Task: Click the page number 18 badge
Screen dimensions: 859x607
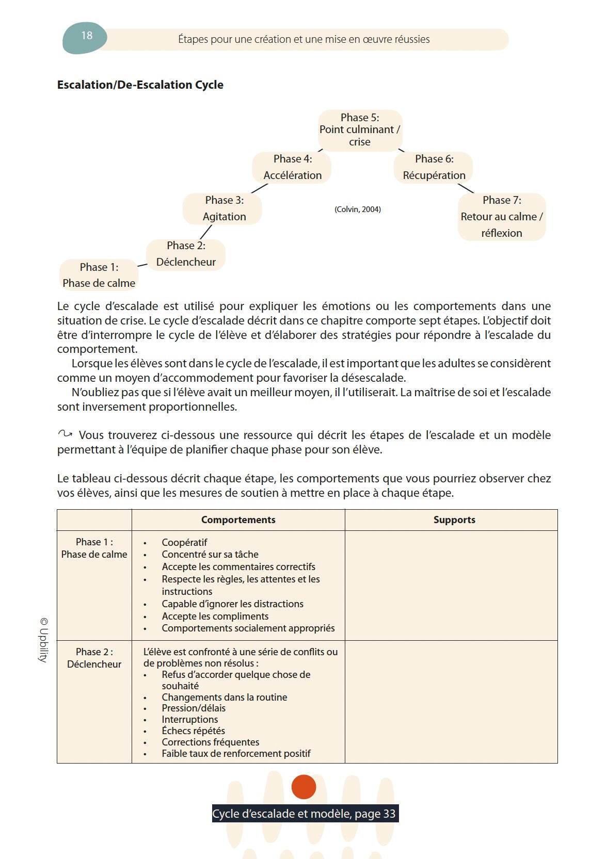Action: click(85, 37)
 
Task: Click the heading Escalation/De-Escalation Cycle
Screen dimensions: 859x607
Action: click(140, 85)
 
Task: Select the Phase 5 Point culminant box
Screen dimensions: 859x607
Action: click(360, 130)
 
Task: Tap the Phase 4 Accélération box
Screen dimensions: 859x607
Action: click(292, 167)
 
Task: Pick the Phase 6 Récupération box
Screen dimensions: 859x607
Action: click(434, 167)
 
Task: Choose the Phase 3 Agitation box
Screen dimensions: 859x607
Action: click(223, 208)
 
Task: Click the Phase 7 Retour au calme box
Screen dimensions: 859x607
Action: click(501, 217)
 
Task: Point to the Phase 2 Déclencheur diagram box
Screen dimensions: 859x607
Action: click(186, 254)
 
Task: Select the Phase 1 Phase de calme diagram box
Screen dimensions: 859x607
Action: click(99, 275)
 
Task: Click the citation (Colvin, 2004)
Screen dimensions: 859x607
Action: click(358, 209)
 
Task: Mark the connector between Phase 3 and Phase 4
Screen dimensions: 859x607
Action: click(259, 188)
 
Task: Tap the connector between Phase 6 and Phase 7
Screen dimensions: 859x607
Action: click(466, 188)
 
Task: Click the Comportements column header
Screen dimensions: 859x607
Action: click(238, 520)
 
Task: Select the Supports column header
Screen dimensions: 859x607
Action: click(454, 520)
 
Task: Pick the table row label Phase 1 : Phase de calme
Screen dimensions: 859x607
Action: click(94, 548)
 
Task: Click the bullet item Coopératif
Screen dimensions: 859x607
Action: click(184, 543)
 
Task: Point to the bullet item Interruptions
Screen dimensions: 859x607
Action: click(189, 720)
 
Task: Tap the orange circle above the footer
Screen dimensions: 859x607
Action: click(303, 787)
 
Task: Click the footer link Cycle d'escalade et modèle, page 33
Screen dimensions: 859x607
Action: click(304, 814)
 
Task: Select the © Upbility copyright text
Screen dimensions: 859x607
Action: click(44, 640)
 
